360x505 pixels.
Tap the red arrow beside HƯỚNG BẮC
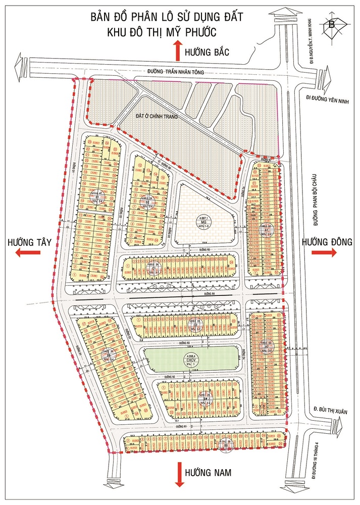pos(177,52)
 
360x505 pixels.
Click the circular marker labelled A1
pos(264,229)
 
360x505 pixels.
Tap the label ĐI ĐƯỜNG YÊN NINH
pos(328,99)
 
